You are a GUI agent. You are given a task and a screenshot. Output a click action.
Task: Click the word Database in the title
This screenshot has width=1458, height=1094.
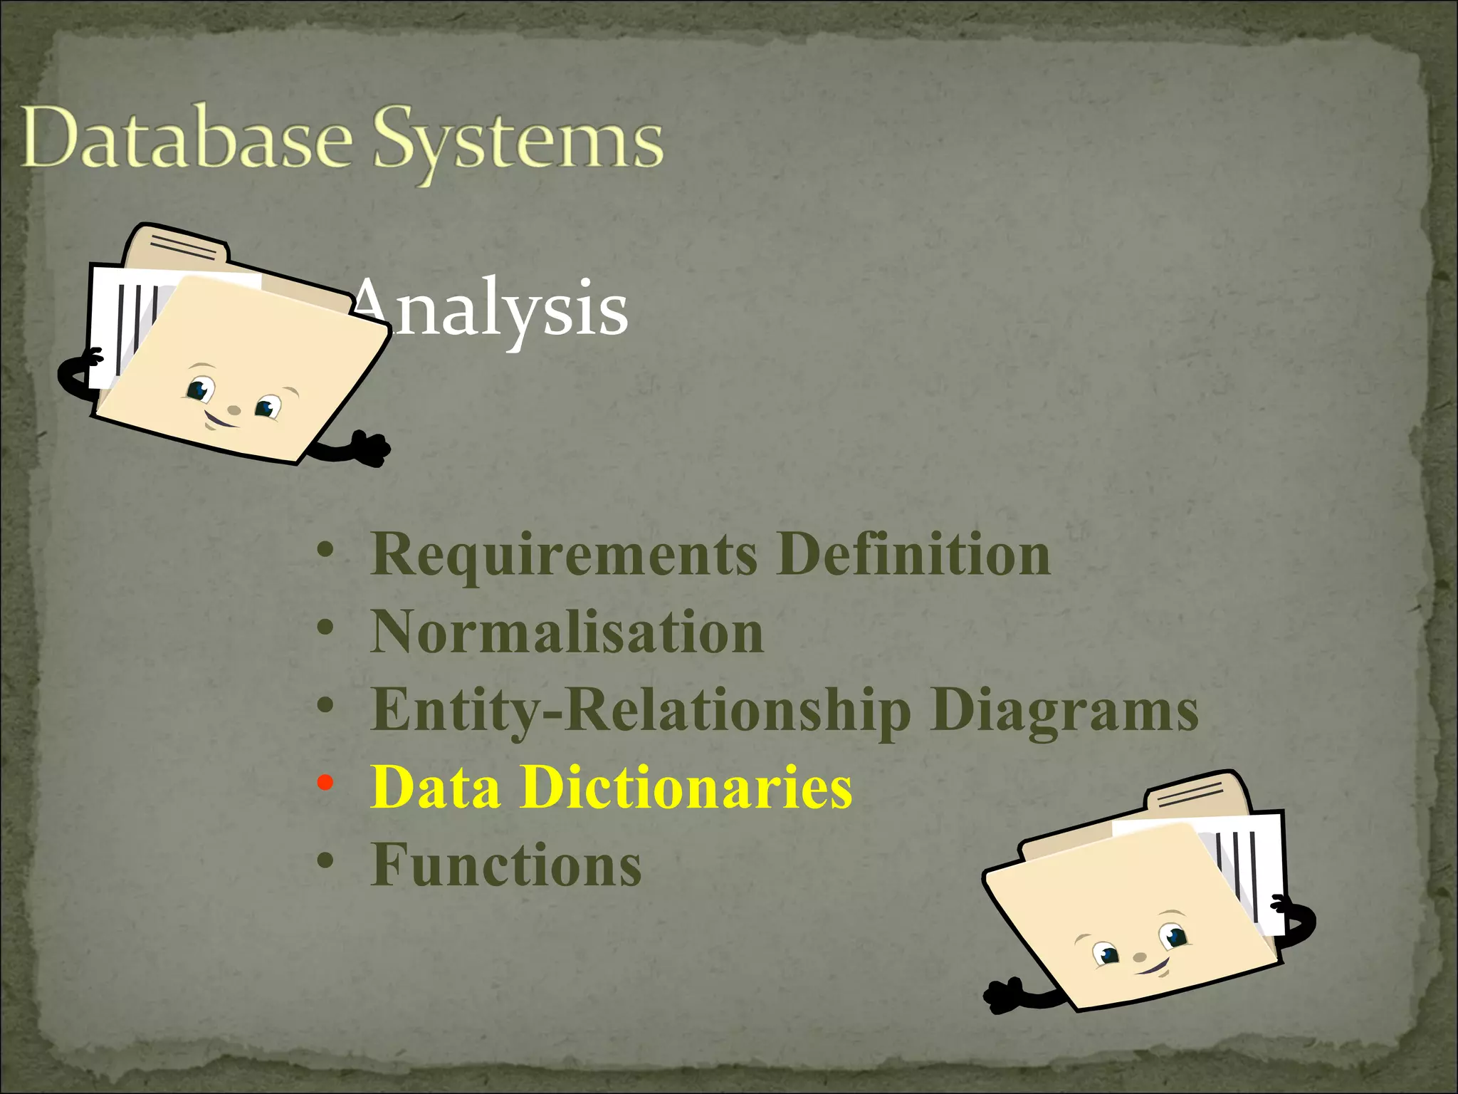pyautogui.click(x=187, y=139)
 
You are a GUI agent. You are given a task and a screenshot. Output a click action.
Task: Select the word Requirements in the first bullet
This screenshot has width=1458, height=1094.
pyautogui.click(x=564, y=556)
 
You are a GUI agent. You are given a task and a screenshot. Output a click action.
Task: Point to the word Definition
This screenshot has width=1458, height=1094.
pyautogui.click(x=913, y=554)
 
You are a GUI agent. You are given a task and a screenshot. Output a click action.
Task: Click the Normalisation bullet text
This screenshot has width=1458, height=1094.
pyautogui.click(x=567, y=632)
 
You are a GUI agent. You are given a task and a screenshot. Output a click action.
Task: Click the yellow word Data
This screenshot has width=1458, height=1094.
pyautogui.click(x=435, y=788)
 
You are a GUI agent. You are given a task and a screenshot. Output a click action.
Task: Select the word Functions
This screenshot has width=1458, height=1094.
pyautogui.click(x=506, y=865)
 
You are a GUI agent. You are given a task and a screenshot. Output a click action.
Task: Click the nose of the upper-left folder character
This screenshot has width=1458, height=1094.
pyautogui.click(x=234, y=410)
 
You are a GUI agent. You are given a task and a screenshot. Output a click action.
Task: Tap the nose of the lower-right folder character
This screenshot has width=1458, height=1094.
pyautogui.click(x=1140, y=957)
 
